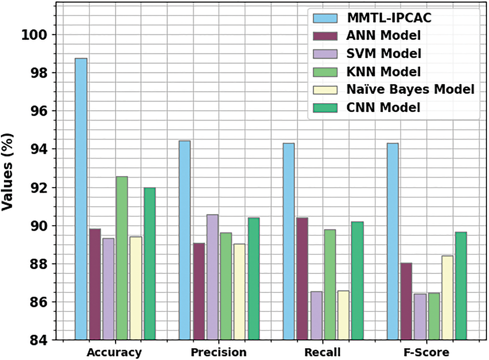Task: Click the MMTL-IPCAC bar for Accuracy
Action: (81, 199)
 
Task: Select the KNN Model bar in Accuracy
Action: (122, 258)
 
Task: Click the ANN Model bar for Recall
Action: (303, 279)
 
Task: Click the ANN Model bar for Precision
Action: (199, 291)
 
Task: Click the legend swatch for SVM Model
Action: (324, 54)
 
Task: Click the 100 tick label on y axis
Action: (36, 35)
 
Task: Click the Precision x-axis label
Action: (218, 352)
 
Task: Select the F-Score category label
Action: (427, 352)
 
